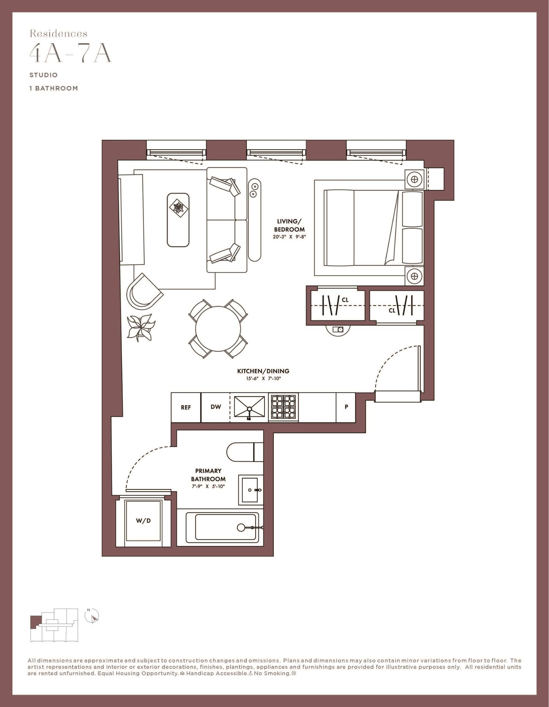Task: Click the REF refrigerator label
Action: point(186,408)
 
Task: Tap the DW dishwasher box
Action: point(215,407)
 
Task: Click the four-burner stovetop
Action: point(284,407)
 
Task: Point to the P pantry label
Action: point(346,407)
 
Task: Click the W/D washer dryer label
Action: point(143,520)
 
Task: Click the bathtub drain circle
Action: point(241,527)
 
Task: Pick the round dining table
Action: point(218,328)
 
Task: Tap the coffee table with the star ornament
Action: point(178,220)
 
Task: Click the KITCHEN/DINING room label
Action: point(263,371)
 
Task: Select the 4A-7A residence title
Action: point(70,54)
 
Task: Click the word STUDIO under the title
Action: point(44,75)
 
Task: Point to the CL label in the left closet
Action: point(345,299)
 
